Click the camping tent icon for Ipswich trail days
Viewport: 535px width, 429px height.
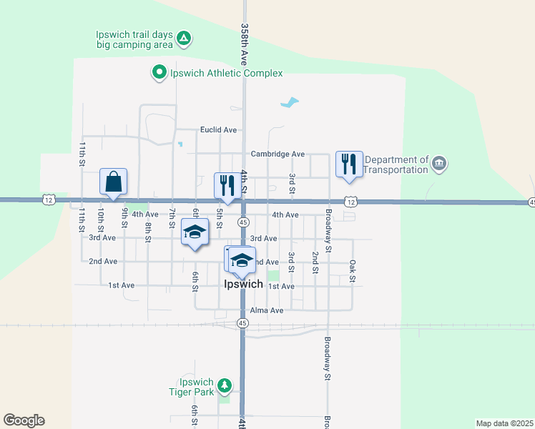click(184, 38)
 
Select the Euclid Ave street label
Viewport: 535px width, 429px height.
click(218, 130)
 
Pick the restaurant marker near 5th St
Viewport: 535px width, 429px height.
click(227, 185)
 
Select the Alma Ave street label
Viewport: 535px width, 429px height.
click(267, 310)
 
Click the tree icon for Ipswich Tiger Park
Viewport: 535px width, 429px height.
click(225, 386)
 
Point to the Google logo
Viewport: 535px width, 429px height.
click(24, 420)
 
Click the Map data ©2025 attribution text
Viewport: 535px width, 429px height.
click(504, 423)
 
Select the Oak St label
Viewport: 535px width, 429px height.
click(352, 271)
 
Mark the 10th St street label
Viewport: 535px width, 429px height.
click(102, 218)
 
